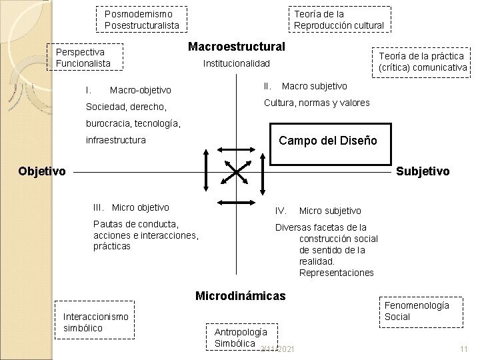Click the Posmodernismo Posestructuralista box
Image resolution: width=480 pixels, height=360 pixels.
click(142, 19)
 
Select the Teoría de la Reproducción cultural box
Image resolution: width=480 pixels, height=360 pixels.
click(340, 19)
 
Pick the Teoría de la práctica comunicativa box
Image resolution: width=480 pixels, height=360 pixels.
click(423, 62)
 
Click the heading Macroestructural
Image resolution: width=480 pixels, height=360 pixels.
click(237, 47)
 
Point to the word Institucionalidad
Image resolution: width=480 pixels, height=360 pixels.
click(236, 64)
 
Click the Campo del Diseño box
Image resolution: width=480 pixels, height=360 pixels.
click(328, 141)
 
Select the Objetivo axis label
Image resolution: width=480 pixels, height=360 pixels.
click(42, 171)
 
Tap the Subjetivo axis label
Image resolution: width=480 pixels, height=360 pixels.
click(423, 171)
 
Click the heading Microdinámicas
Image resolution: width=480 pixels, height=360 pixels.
click(240, 295)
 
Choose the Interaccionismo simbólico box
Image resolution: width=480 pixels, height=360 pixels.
click(95, 323)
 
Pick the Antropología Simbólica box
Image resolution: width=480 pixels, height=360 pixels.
click(241, 337)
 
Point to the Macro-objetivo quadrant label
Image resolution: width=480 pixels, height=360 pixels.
click(140, 90)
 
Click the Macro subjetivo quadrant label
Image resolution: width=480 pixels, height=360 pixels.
click(314, 86)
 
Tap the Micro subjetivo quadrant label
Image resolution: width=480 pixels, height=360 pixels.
click(330, 211)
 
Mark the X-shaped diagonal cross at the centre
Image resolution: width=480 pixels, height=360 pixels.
click(237, 173)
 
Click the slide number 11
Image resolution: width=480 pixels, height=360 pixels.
click(464, 349)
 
